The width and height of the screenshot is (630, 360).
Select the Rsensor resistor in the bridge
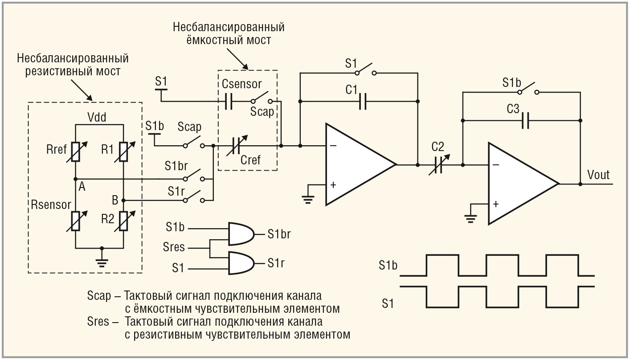[75, 221]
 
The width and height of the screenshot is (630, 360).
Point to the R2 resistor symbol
[123, 221]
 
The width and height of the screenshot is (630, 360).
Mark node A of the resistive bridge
[75, 179]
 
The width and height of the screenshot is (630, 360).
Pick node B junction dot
[123, 200]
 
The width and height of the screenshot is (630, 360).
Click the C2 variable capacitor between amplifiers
[437, 165]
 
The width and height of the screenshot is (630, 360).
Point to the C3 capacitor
[526, 120]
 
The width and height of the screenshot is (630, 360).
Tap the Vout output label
[598, 174]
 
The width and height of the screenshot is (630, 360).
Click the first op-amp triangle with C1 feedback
[356, 164]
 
